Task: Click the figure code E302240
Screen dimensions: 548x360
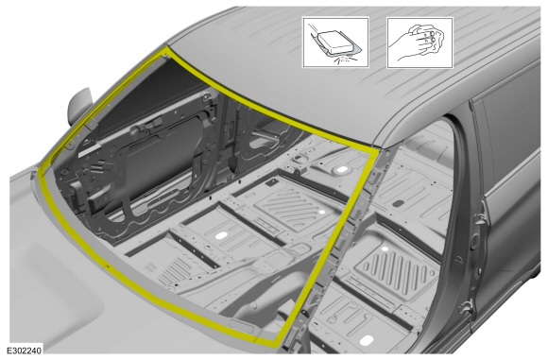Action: [25, 351]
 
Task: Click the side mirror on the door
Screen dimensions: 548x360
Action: [79, 106]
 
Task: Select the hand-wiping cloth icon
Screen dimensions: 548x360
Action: [420, 43]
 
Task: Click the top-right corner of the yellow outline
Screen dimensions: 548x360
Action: [378, 149]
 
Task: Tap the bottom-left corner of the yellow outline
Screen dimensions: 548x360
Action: [40, 169]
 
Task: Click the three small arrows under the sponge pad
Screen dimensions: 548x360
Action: [345, 60]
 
